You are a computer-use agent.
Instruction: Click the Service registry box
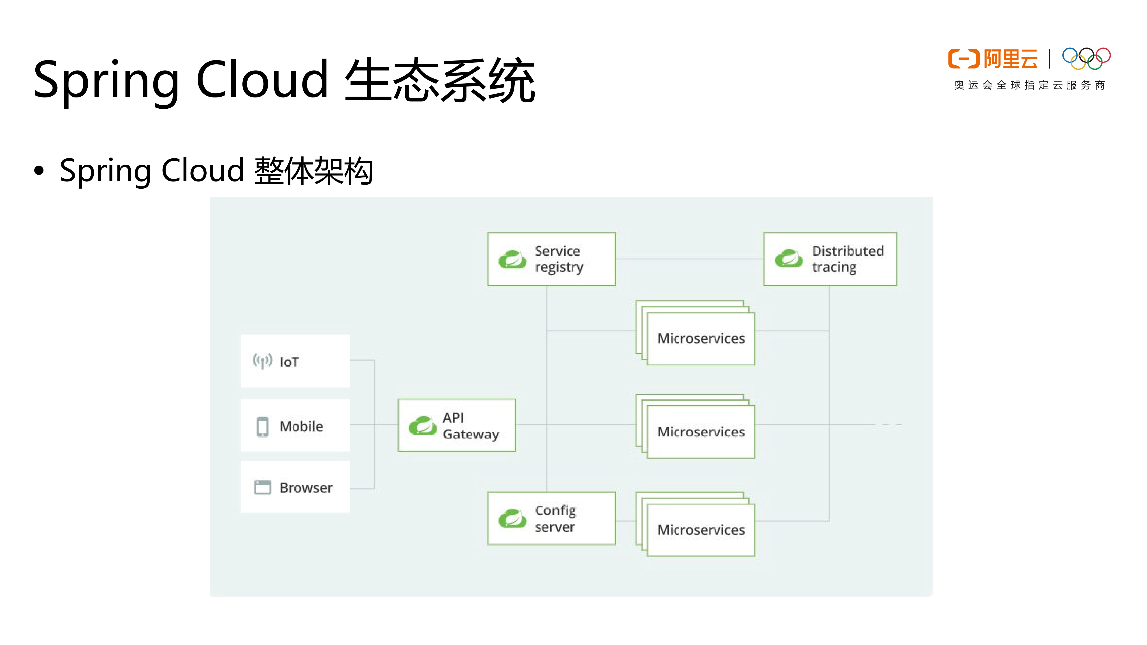551,259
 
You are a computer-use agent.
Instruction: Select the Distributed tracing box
830,259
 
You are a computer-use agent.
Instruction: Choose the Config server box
551,518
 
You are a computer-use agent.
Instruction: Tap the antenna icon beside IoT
262,360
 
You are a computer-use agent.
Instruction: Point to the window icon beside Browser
262,488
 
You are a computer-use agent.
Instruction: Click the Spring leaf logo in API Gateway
423,425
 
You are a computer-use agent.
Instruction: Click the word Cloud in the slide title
262,80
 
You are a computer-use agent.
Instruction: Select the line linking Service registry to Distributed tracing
689,259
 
